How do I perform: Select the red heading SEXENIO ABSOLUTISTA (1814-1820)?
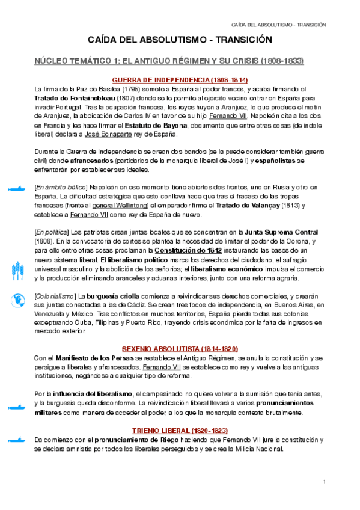pyautogui.click(x=180, y=349)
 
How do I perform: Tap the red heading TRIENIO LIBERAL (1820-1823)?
pyautogui.click(x=180, y=431)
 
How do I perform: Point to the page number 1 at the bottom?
pyautogui.click(x=324, y=481)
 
